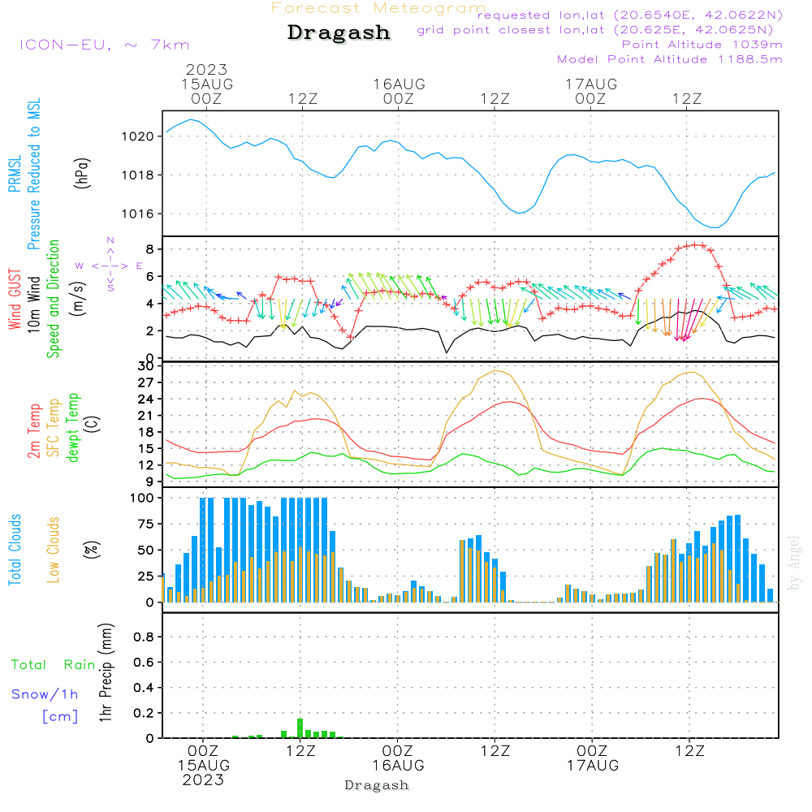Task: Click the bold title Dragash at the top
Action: (x=339, y=33)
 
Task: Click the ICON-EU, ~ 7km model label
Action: (x=104, y=45)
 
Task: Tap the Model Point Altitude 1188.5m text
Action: (x=669, y=59)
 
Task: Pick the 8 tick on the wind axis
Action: (x=150, y=248)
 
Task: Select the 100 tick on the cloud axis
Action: (x=144, y=498)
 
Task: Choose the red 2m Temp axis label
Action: (x=34, y=430)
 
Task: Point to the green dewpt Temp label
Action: (x=73, y=428)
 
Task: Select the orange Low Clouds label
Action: (x=54, y=550)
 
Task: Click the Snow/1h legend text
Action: (x=45, y=694)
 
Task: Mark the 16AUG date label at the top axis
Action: (x=399, y=84)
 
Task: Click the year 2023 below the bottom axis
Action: (x=204, y=780)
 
